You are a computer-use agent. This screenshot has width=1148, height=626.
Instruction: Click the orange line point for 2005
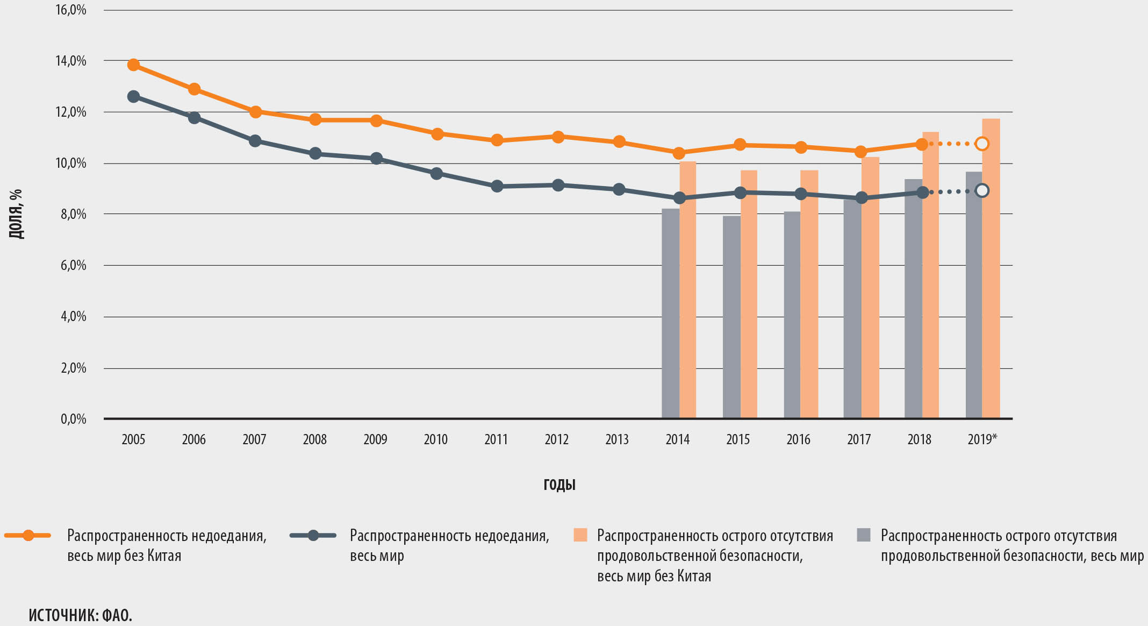click(133, 65)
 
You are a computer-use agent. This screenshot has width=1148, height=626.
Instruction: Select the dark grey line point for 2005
click(133, 97)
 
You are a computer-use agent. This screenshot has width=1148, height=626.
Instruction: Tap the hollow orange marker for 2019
click(982, 144)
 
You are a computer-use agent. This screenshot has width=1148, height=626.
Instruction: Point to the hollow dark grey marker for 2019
click(982, 190)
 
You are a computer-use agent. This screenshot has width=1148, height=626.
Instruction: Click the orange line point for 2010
click(437, 134)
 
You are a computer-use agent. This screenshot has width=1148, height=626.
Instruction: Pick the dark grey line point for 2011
click(497, 186)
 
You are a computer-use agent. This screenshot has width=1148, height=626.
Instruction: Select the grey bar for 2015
click(731, 317)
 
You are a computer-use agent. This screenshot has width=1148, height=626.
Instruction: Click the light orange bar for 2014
click(688, 290)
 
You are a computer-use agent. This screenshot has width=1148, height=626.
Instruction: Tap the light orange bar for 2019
click(991, 269)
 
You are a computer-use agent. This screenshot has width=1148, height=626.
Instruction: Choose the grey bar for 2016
click(792, 315)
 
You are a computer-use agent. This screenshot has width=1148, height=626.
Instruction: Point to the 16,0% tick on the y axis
click(71, 10)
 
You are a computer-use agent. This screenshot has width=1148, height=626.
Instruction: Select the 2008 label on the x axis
click(315, 439)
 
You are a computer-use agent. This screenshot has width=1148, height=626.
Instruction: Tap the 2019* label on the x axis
click(982, 439)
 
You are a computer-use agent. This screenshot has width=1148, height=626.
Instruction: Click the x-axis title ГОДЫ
click(559, 485)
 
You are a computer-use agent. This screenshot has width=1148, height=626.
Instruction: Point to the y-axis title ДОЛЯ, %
click(16, 214)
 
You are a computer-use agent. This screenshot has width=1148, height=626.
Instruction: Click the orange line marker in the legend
click(28, 535)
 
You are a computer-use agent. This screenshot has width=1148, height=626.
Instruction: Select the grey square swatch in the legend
click(863, 535)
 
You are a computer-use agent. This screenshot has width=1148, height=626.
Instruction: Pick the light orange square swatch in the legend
click(580, 535)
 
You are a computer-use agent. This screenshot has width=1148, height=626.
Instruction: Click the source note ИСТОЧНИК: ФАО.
click(81, 615)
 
